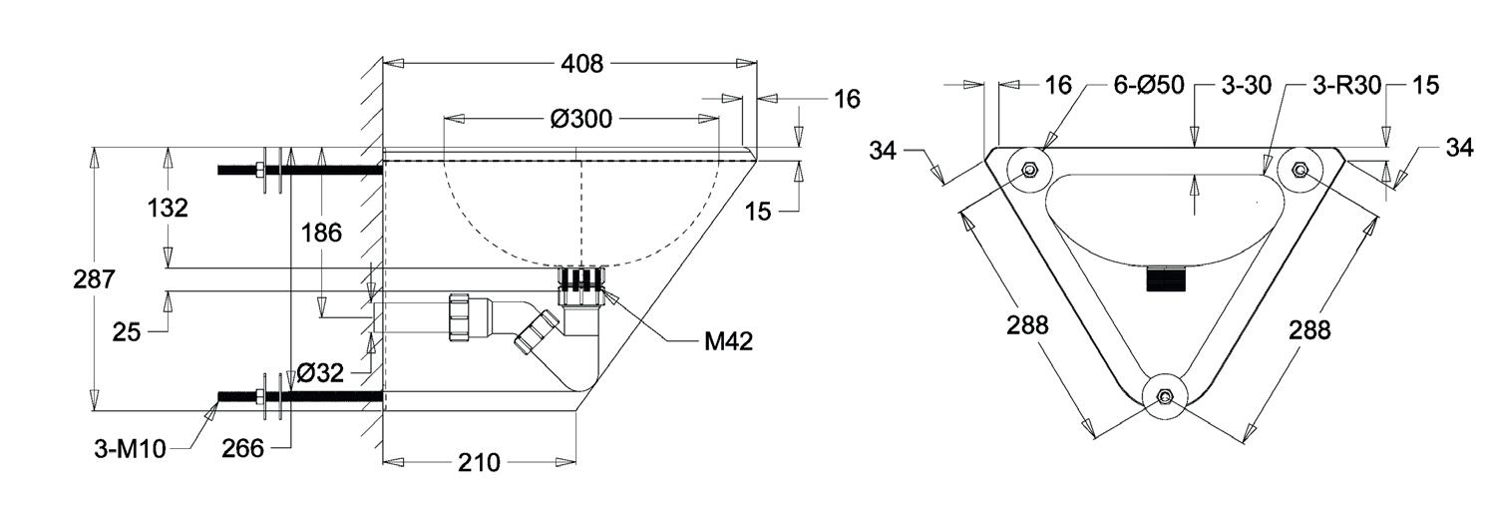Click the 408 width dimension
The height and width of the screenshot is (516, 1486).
tap(582, 64)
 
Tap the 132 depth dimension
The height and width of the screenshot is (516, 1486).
tap(169, 209)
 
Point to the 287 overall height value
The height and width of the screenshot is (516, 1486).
tap(94, 279)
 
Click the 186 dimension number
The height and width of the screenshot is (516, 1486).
tap(321, 234)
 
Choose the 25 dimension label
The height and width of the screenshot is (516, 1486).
tap(127, 332)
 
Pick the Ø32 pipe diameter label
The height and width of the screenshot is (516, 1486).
tap(320, 374)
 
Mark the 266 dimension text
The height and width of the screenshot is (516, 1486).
tap(243, 449)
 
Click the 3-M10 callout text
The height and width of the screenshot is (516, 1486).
tap(131, 450)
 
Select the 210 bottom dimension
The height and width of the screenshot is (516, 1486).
tap(479, 462)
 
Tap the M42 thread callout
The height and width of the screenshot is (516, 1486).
tap(728, 341)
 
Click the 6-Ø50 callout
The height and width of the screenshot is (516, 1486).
tap(1149, 86)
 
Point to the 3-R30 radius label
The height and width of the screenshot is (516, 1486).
tap(1347, 86)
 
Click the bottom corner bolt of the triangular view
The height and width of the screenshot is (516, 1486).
tap(1164, 398)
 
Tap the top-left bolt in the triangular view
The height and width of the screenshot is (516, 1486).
tap(1029, 170)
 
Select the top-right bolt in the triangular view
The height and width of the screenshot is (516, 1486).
tap(1300, 170)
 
